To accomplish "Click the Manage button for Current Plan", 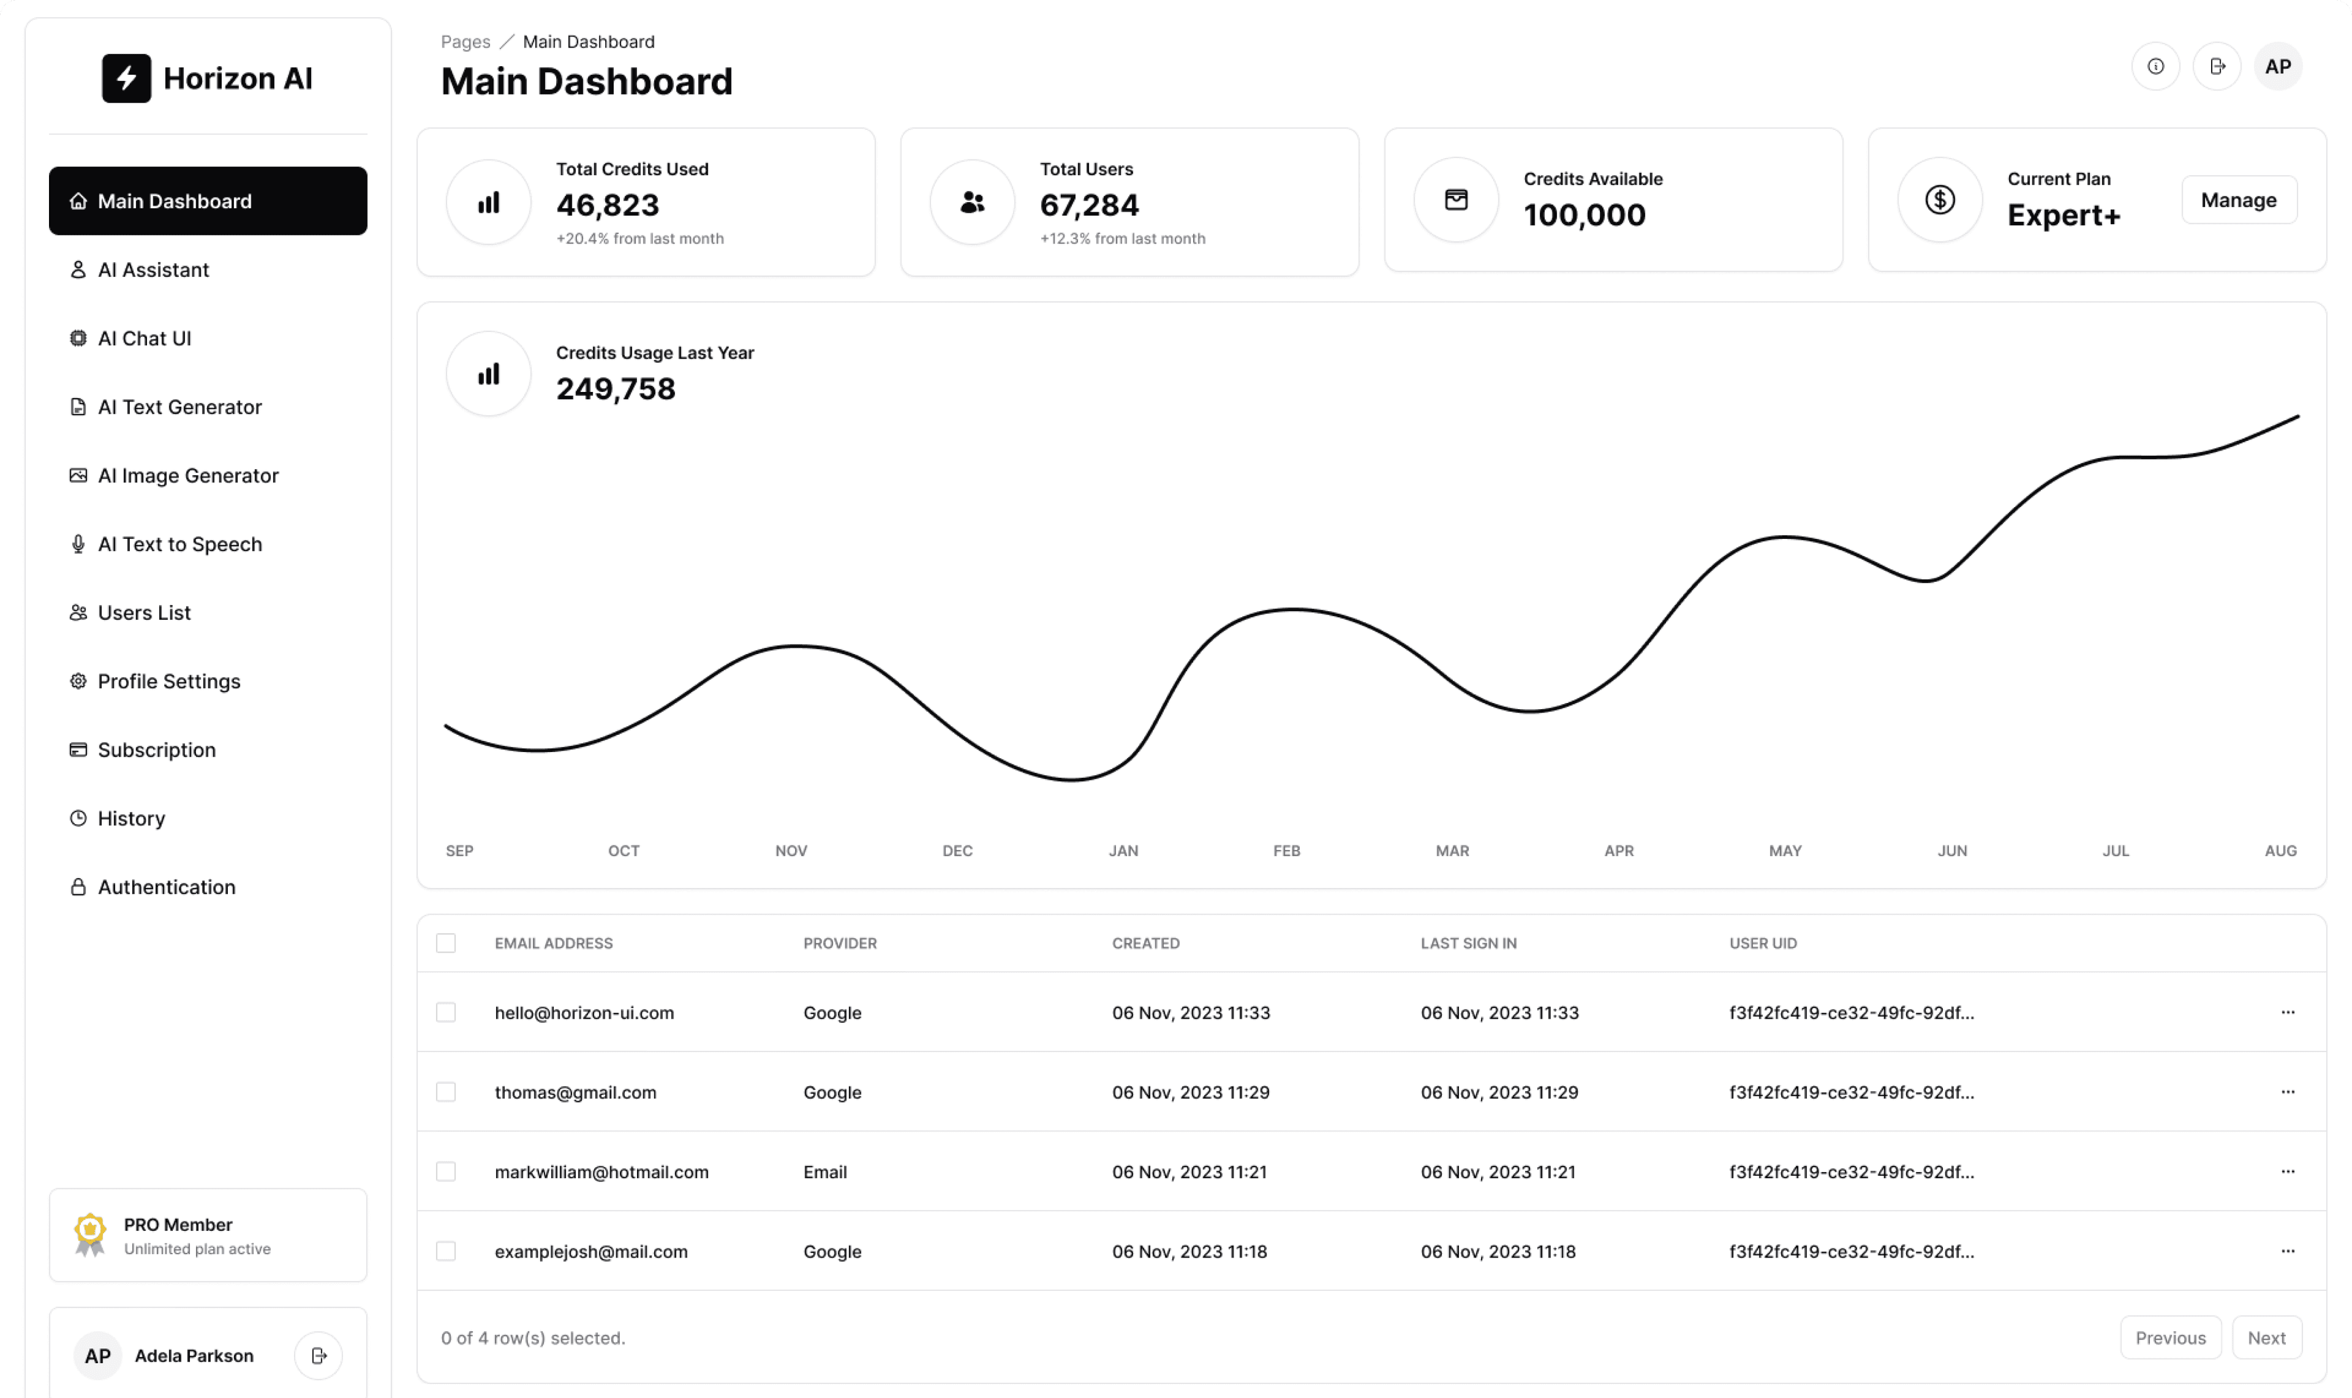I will (x=2238, y=200).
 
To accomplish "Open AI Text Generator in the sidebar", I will (x=179, y=407).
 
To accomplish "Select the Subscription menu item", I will (x=156, y=750).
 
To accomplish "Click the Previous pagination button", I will (x=2169, y=1338).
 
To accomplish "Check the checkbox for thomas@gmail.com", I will (x=446, y=1092).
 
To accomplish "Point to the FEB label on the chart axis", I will (x=1286, y=851).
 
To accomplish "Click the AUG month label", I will (x=2280, y=851).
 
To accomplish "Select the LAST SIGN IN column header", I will (x=1468, y=943).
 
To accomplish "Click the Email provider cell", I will (x=824, y=1172).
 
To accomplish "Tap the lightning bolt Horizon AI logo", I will (x=126, y=78).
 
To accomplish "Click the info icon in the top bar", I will (x=2155, y=66).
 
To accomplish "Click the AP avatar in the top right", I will (x=2277, y=66).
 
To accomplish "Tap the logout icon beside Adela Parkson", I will (x=318, y=1356).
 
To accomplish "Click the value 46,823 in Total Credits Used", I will (x=608, y=205).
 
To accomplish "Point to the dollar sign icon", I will (x=1939, y=200).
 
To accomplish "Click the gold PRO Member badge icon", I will (x=89, y=1233).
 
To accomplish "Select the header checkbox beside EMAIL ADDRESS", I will (x=446, y=943).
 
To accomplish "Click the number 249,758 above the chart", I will (x=616, y=388).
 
